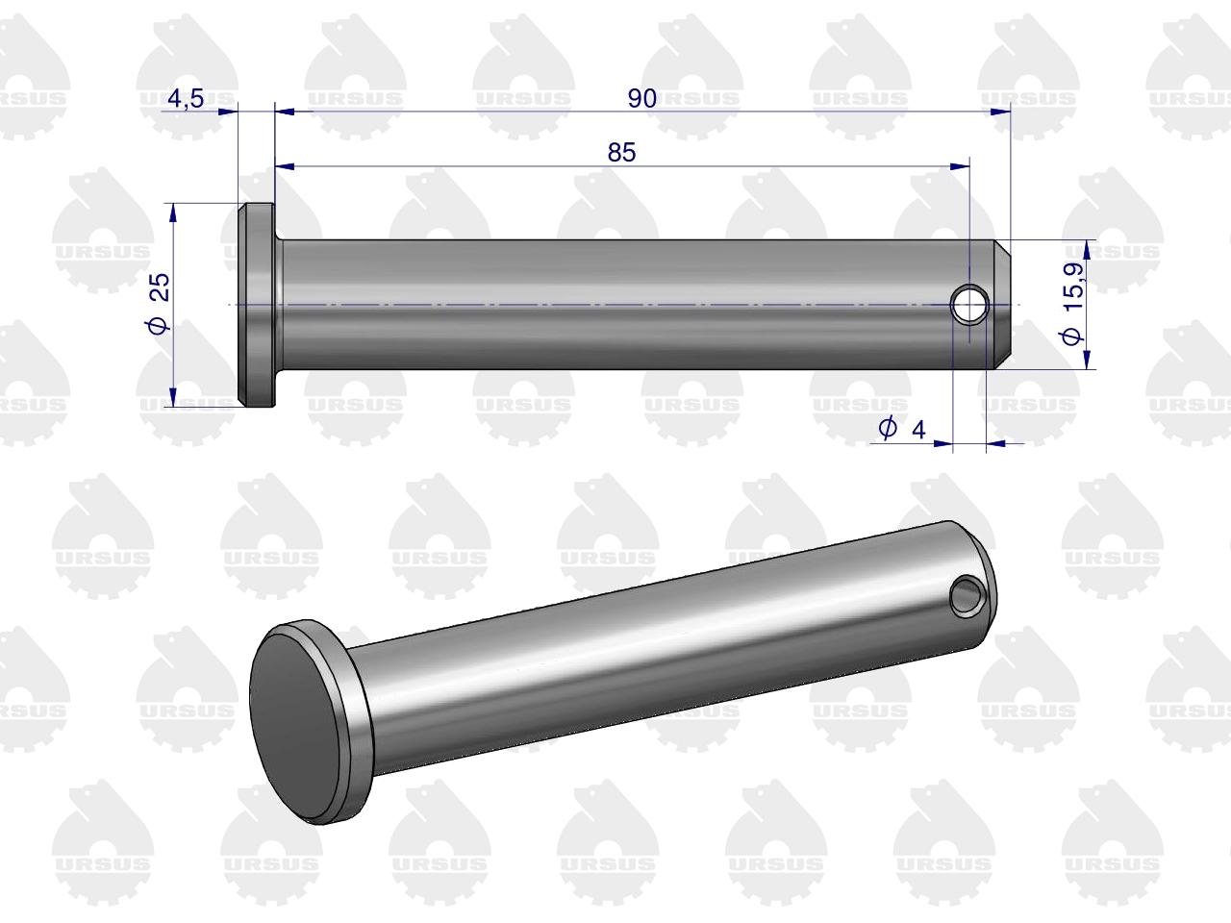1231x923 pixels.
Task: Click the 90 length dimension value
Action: (642, 99)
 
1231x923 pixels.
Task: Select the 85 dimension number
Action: (621, 153)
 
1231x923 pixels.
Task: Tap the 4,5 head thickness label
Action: (186, 99)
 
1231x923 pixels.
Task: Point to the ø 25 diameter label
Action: (159, 303)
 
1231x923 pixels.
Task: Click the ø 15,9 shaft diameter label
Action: (1072, 303)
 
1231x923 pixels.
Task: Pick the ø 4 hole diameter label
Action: (902, 429)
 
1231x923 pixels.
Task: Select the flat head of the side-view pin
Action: (256, 305)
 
